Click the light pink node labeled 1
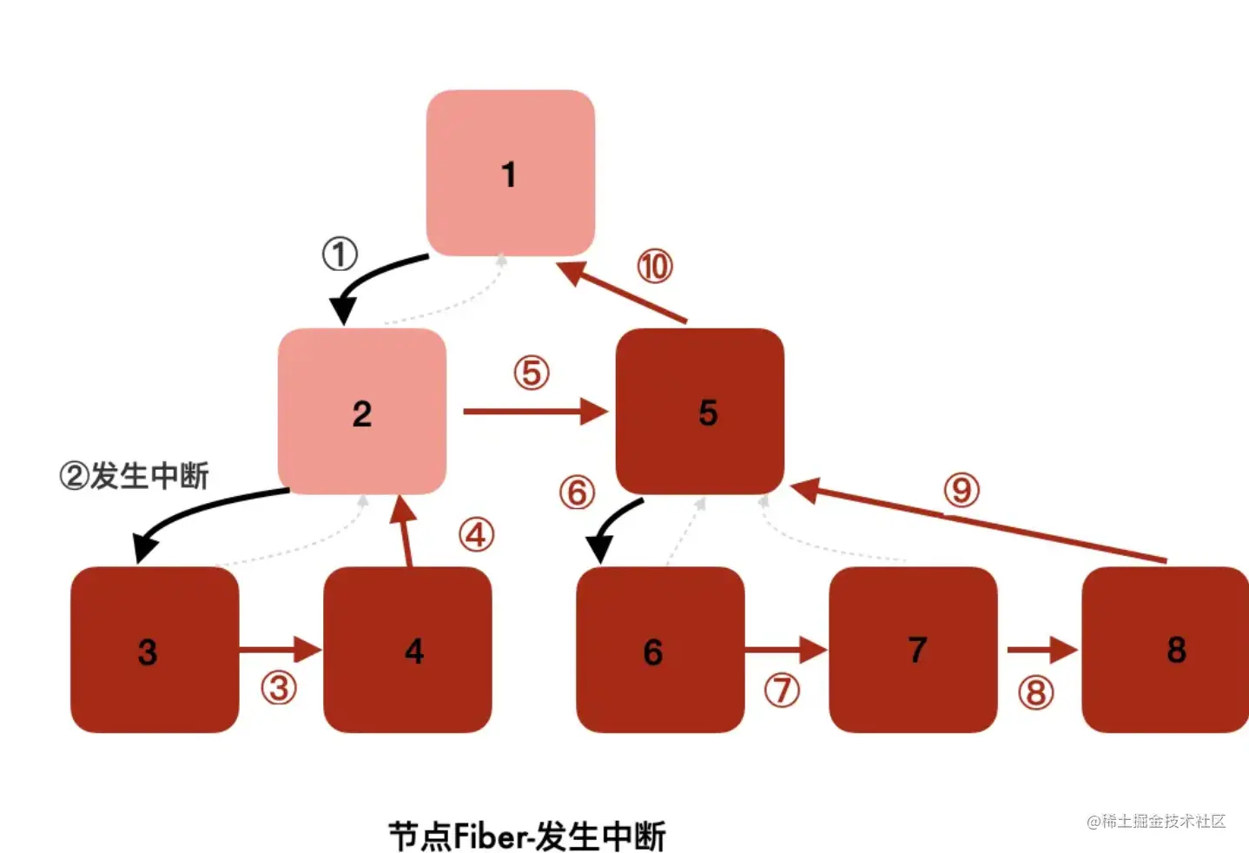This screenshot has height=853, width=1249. [510, 174]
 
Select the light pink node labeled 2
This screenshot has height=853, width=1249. [362, 412]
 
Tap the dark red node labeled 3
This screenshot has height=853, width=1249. [155, 650]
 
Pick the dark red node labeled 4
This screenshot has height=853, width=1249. [407, 650]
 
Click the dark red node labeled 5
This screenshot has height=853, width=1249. [700, 412]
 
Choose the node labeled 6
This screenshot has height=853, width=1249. [660, 650]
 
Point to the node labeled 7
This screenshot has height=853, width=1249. [913, 650]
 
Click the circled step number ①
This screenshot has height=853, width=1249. [340, 255]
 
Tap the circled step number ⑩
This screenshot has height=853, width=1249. [655, 266]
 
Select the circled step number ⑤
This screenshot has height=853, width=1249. [532, 373]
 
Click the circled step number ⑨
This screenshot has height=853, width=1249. [962, 490]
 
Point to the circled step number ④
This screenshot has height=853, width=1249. [476, 535]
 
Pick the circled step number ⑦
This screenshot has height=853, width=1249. [782, 691]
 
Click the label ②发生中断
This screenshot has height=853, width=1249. [135, 476]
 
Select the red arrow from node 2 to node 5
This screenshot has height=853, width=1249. [534, 411]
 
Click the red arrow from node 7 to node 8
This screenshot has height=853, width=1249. [1041, 650]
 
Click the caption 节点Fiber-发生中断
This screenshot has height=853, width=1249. [526, 836]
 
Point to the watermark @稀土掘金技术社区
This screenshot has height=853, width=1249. [1156, 821]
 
